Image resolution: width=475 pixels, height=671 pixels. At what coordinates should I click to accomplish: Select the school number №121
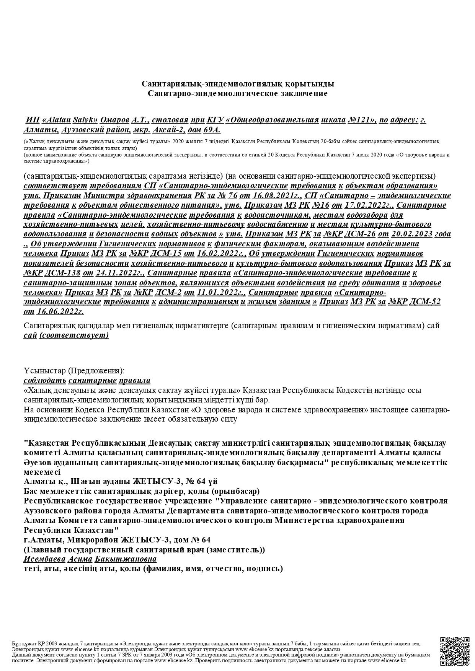[x=361, y=120]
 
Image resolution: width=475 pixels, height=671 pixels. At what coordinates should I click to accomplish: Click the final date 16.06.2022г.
[x=60, y=311]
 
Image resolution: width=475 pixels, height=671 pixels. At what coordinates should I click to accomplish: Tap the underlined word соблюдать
[x=45, y=380]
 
